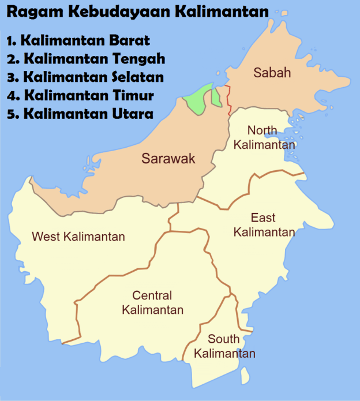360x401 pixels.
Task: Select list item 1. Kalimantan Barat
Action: tap(78, 40)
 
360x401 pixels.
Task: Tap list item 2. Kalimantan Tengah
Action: tap(87, 58)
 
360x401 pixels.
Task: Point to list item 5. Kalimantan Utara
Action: tap(80, 114)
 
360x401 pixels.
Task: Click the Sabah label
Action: tap(272, 73)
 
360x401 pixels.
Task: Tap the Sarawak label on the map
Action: tap(168, 159)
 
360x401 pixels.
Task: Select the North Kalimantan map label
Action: tap(264, 137)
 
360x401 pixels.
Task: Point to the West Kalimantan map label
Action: tap(78, 237)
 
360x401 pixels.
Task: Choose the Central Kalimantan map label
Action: tap(152, 303)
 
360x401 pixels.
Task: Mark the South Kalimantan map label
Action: tap(224, 346)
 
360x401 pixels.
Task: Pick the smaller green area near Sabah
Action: tap(216, 96)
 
